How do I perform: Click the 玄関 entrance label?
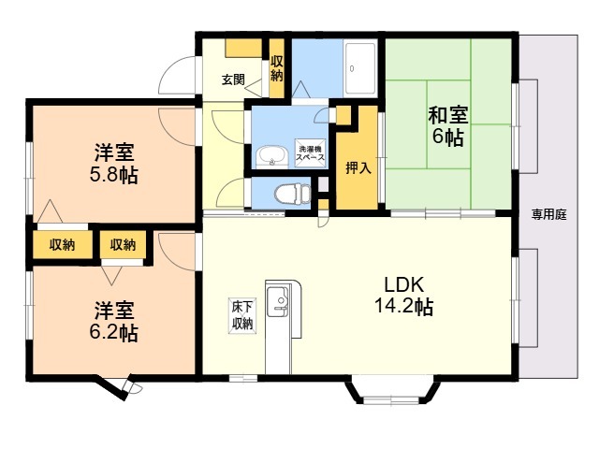(233, 80)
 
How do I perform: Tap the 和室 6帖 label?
(447, 126)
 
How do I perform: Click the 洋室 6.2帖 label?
(115, 320)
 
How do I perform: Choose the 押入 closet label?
(358, 169)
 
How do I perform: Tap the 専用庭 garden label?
(549, 213)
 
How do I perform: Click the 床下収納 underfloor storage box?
(242, 313)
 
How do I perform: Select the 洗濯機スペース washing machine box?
(311, 152)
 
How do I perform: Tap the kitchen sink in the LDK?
(278, 301)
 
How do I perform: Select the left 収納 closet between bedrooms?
(62, 245)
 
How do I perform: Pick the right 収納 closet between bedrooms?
(123, 245)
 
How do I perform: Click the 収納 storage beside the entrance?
(277, 68)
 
